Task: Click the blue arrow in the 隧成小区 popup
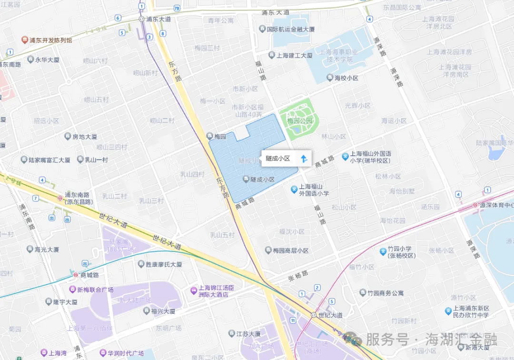pos(304,158)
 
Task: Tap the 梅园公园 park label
pos(300,121)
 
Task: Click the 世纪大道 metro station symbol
pos(313,315)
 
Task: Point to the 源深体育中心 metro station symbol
pos(475,205)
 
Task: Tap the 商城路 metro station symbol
pos(75,275)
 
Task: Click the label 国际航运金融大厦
pos(290,30)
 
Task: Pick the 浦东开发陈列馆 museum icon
pos(24,40)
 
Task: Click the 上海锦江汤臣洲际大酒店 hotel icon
pos(193,290)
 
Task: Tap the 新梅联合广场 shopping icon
pos(72,290)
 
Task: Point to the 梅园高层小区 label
pos(290,250)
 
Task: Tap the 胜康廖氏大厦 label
pos(163,264)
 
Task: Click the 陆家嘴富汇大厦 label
pos(49,160)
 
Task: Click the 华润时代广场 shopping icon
pos(103,353)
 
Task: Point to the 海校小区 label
pos(346,78)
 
